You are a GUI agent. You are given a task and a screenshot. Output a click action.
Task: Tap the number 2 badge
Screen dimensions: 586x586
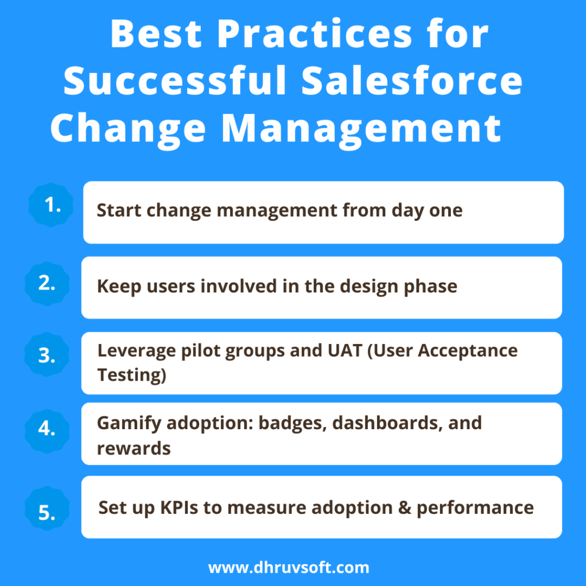(x=47, y=284)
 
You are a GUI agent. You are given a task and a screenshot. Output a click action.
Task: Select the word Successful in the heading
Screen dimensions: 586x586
(x=175, y=81)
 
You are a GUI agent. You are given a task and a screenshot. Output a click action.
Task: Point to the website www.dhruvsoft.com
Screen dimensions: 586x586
(x=289, y=568)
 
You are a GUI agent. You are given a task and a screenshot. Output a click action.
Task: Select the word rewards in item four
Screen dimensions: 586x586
(x=134, y=448)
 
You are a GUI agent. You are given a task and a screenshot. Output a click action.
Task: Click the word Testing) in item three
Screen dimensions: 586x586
(x=131, y=375)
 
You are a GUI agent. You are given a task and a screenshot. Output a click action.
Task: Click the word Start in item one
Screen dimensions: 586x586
(x=119, y=210)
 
